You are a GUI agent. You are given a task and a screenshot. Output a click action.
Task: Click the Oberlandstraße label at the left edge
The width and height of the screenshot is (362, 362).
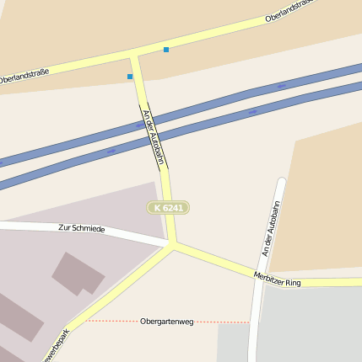click(24, 75)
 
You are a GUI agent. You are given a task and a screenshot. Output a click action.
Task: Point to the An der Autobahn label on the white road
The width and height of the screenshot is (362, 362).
click(269, 228)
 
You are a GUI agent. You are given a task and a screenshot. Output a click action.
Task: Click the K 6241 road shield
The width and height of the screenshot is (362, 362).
click(168, 207)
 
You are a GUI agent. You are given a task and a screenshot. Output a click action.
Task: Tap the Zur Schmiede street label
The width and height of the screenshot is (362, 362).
click(81, 228)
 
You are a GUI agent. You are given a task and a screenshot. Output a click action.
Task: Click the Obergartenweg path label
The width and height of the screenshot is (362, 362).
click(166, 322)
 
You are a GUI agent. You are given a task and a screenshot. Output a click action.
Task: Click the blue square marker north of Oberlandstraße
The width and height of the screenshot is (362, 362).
click(166, 50)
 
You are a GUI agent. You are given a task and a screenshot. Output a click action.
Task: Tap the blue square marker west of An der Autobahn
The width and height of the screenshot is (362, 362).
click(130, 77)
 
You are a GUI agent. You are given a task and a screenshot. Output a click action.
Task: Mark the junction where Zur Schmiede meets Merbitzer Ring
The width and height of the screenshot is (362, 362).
click(174, 245)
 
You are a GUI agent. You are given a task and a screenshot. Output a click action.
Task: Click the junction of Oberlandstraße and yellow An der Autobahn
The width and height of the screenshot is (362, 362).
click(133, 56)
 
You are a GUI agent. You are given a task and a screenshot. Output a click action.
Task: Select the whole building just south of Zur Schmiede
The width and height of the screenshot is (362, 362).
click(78, 273)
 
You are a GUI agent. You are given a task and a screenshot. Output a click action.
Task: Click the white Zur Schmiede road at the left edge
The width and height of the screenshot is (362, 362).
click(4, 226)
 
